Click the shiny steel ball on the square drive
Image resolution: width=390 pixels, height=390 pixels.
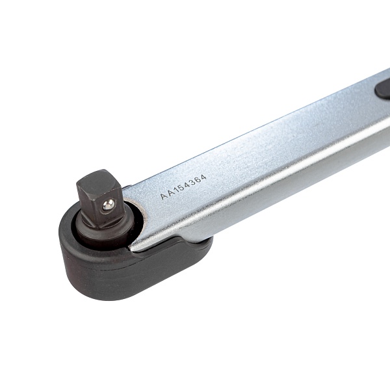coord(109,205)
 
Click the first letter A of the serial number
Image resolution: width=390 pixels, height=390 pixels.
coord(163,196)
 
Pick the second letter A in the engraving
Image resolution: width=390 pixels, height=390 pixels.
coord(170,193)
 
